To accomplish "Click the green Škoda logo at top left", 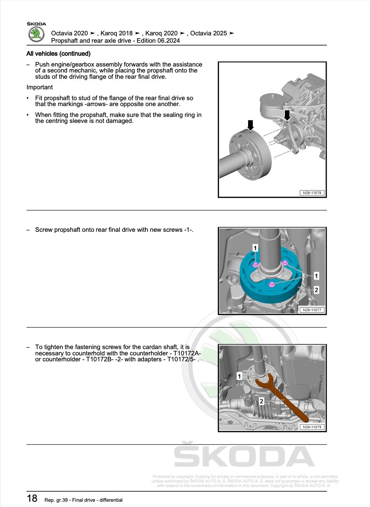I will point(36,34).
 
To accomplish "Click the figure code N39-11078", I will point(312,193).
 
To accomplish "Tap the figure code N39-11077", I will point(312,310).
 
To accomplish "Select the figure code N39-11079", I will point(312,427).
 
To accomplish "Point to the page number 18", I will point(32,499).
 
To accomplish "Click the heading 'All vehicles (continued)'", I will point(59,54).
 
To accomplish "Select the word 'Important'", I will point(40,87).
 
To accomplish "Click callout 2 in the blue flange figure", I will point(316,290).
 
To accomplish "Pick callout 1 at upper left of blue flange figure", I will point(255,248).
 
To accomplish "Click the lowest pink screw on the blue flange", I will point(271,284).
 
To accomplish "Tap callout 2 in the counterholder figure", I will point(261,401).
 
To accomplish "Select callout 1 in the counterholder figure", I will point(239,376).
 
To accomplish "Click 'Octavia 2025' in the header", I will point(209,33).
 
